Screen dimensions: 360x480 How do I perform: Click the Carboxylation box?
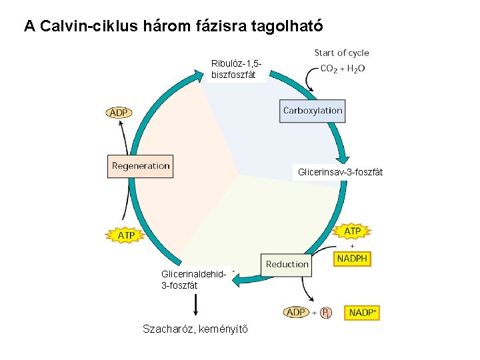[313, 111]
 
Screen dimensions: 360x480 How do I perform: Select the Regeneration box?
[140, 166]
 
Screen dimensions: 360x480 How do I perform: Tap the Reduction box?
[287, 264]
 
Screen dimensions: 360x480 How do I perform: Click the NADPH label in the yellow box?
[353, 259]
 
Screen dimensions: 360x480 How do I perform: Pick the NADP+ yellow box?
[362, 312]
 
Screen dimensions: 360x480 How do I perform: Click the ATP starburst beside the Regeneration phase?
[126, 235]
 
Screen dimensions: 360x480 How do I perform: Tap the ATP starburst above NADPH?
[352, 231]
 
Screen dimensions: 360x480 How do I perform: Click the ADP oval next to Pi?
[296, 312]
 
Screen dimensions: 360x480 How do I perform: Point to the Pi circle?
[325, 313]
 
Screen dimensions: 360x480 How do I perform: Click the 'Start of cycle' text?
[341, 53]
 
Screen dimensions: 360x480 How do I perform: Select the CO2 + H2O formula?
[342, 69]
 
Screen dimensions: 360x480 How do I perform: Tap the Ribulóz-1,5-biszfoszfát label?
[235, 69]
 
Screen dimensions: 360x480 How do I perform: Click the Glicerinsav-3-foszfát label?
[340, 172]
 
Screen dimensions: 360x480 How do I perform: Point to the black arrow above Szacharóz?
[195, 305]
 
